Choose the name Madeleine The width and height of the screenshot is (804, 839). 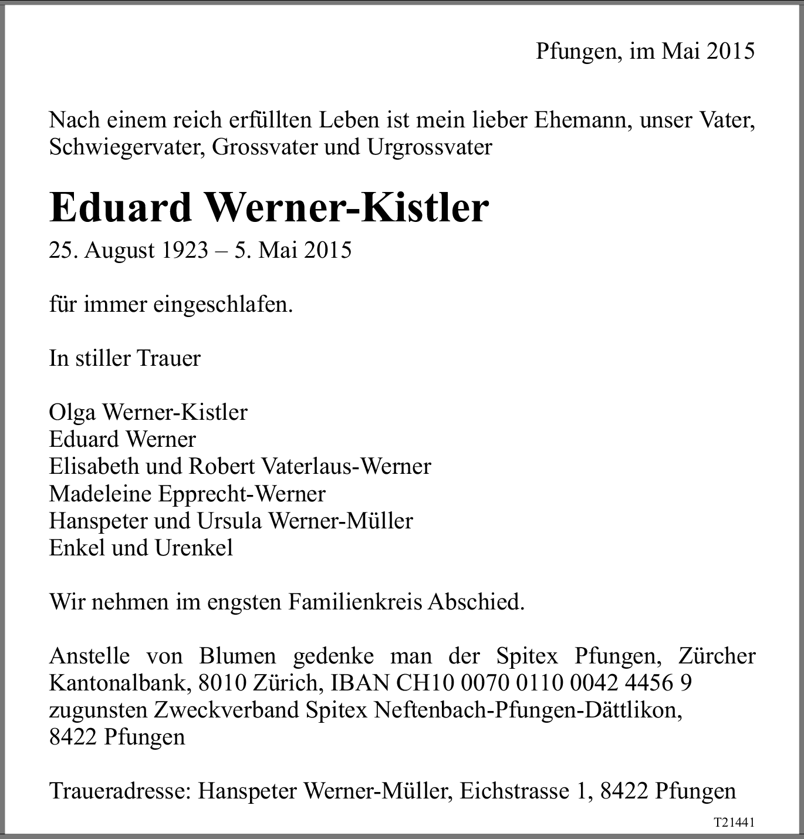tap(100, 493)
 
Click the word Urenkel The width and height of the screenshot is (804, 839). tap(194, 548)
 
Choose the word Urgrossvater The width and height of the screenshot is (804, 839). tap(430, 147)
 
